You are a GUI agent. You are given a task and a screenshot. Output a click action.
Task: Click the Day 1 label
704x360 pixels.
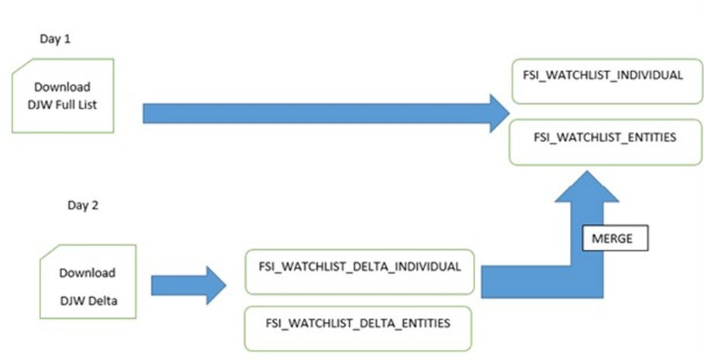[54, 37]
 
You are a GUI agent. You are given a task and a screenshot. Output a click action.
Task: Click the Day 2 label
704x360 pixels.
[83, 206]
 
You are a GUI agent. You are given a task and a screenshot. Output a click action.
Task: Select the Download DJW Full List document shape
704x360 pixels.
[64, 95]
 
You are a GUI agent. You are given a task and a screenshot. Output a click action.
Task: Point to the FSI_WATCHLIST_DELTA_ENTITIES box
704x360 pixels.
[357, 324]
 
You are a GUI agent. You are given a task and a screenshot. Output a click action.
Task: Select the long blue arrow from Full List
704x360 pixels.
[310, 114]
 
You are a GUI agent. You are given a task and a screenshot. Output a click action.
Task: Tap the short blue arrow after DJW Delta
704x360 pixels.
[182, 285]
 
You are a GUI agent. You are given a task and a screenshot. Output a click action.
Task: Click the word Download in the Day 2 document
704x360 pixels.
[87, 273]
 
